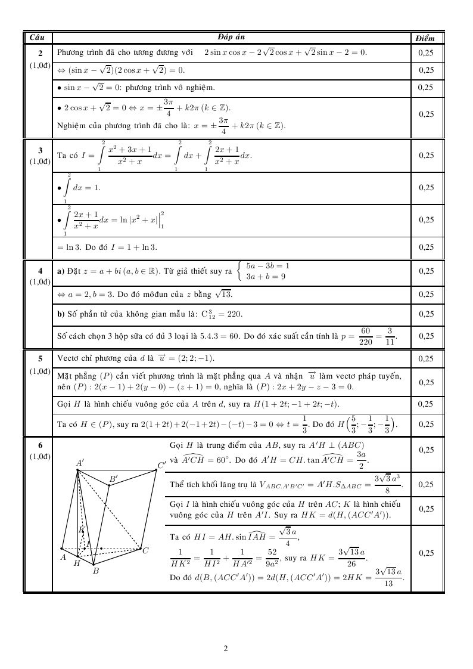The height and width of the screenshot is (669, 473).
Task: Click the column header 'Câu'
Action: point(37,38)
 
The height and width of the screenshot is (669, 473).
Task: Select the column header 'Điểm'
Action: point(425,38)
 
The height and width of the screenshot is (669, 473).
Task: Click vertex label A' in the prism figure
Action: point(80,462)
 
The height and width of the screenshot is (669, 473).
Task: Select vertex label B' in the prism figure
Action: point(113,478)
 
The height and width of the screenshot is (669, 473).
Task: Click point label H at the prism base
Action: point(77,563)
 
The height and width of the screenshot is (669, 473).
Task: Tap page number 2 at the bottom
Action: point(226,648)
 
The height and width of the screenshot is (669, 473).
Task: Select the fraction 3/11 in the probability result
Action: point(388,336)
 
